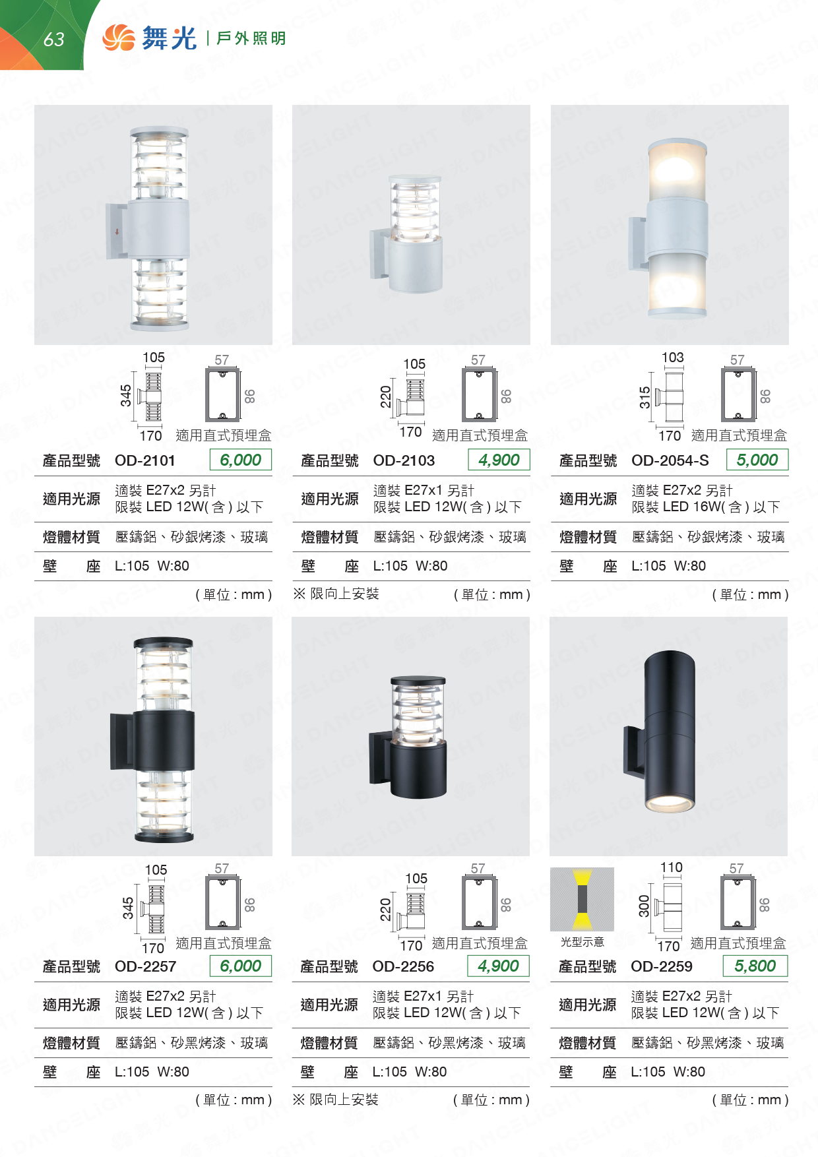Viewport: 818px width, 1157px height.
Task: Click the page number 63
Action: point(54,40)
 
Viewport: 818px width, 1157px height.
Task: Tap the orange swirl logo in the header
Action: point(119,38)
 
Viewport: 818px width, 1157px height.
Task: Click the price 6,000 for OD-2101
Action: point(241,460)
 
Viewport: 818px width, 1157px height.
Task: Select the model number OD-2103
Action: point(404,460)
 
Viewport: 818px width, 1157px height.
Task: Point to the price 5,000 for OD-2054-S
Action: point(757,460)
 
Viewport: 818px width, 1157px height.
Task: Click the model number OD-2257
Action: point(146,966)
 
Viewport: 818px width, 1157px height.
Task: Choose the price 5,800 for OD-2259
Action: point(755,966)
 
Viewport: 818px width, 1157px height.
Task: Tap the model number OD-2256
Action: point(403,966)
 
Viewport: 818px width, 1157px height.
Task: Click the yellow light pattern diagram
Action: point(582,899)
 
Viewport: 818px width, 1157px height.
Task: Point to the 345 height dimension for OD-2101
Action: point(126,396)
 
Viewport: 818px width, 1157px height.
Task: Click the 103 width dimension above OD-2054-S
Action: point(673,358)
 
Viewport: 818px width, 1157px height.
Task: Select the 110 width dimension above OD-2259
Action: point(672,867)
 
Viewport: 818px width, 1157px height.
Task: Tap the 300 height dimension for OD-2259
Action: point(645,906)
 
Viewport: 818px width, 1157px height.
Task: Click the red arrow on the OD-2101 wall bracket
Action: point(117,232)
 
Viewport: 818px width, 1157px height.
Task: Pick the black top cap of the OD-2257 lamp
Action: point(164,642)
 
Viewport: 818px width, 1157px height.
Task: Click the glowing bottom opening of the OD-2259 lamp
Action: point(669,803)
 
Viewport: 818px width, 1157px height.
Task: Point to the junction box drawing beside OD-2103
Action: point(479,394)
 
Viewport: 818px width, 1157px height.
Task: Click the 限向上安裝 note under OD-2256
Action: point(344,1100)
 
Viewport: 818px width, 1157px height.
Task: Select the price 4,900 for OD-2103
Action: point(499,460)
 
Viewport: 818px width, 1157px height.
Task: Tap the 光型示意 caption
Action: point(582,942)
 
